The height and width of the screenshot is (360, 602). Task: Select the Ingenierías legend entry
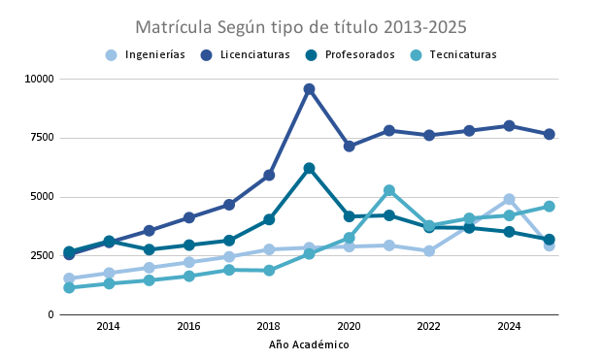[x=146, y=55]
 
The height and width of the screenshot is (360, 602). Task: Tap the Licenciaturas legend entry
[x=246, y=55]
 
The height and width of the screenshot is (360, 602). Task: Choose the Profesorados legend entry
[x=351, y=55]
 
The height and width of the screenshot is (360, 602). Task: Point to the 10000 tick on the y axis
[x=39, y=79]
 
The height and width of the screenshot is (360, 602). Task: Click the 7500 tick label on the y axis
[x=42, y=138]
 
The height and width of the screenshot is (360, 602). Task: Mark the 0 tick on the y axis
[x=51, y=314]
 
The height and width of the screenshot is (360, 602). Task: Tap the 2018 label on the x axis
[x=269, y=326]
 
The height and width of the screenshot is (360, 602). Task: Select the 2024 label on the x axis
[x=509, y=326]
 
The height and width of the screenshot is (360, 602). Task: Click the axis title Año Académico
[x=309, y=344]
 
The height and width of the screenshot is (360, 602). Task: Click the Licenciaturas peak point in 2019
[x=309, y=89]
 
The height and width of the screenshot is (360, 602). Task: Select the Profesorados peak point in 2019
[x=309, y=168]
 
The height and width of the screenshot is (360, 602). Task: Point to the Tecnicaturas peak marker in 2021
[x=389, y=190]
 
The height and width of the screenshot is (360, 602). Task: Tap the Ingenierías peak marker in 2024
[x=509, y=199]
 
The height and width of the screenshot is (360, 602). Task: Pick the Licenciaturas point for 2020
[x=349, y=147]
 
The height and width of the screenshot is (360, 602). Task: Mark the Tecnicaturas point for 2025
[x=550, y=207]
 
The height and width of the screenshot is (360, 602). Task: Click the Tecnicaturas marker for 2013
[x=69, y=287]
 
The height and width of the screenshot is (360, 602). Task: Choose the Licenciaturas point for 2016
[x=189, y=217]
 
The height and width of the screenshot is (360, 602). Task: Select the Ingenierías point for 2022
[x=429, y=251]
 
